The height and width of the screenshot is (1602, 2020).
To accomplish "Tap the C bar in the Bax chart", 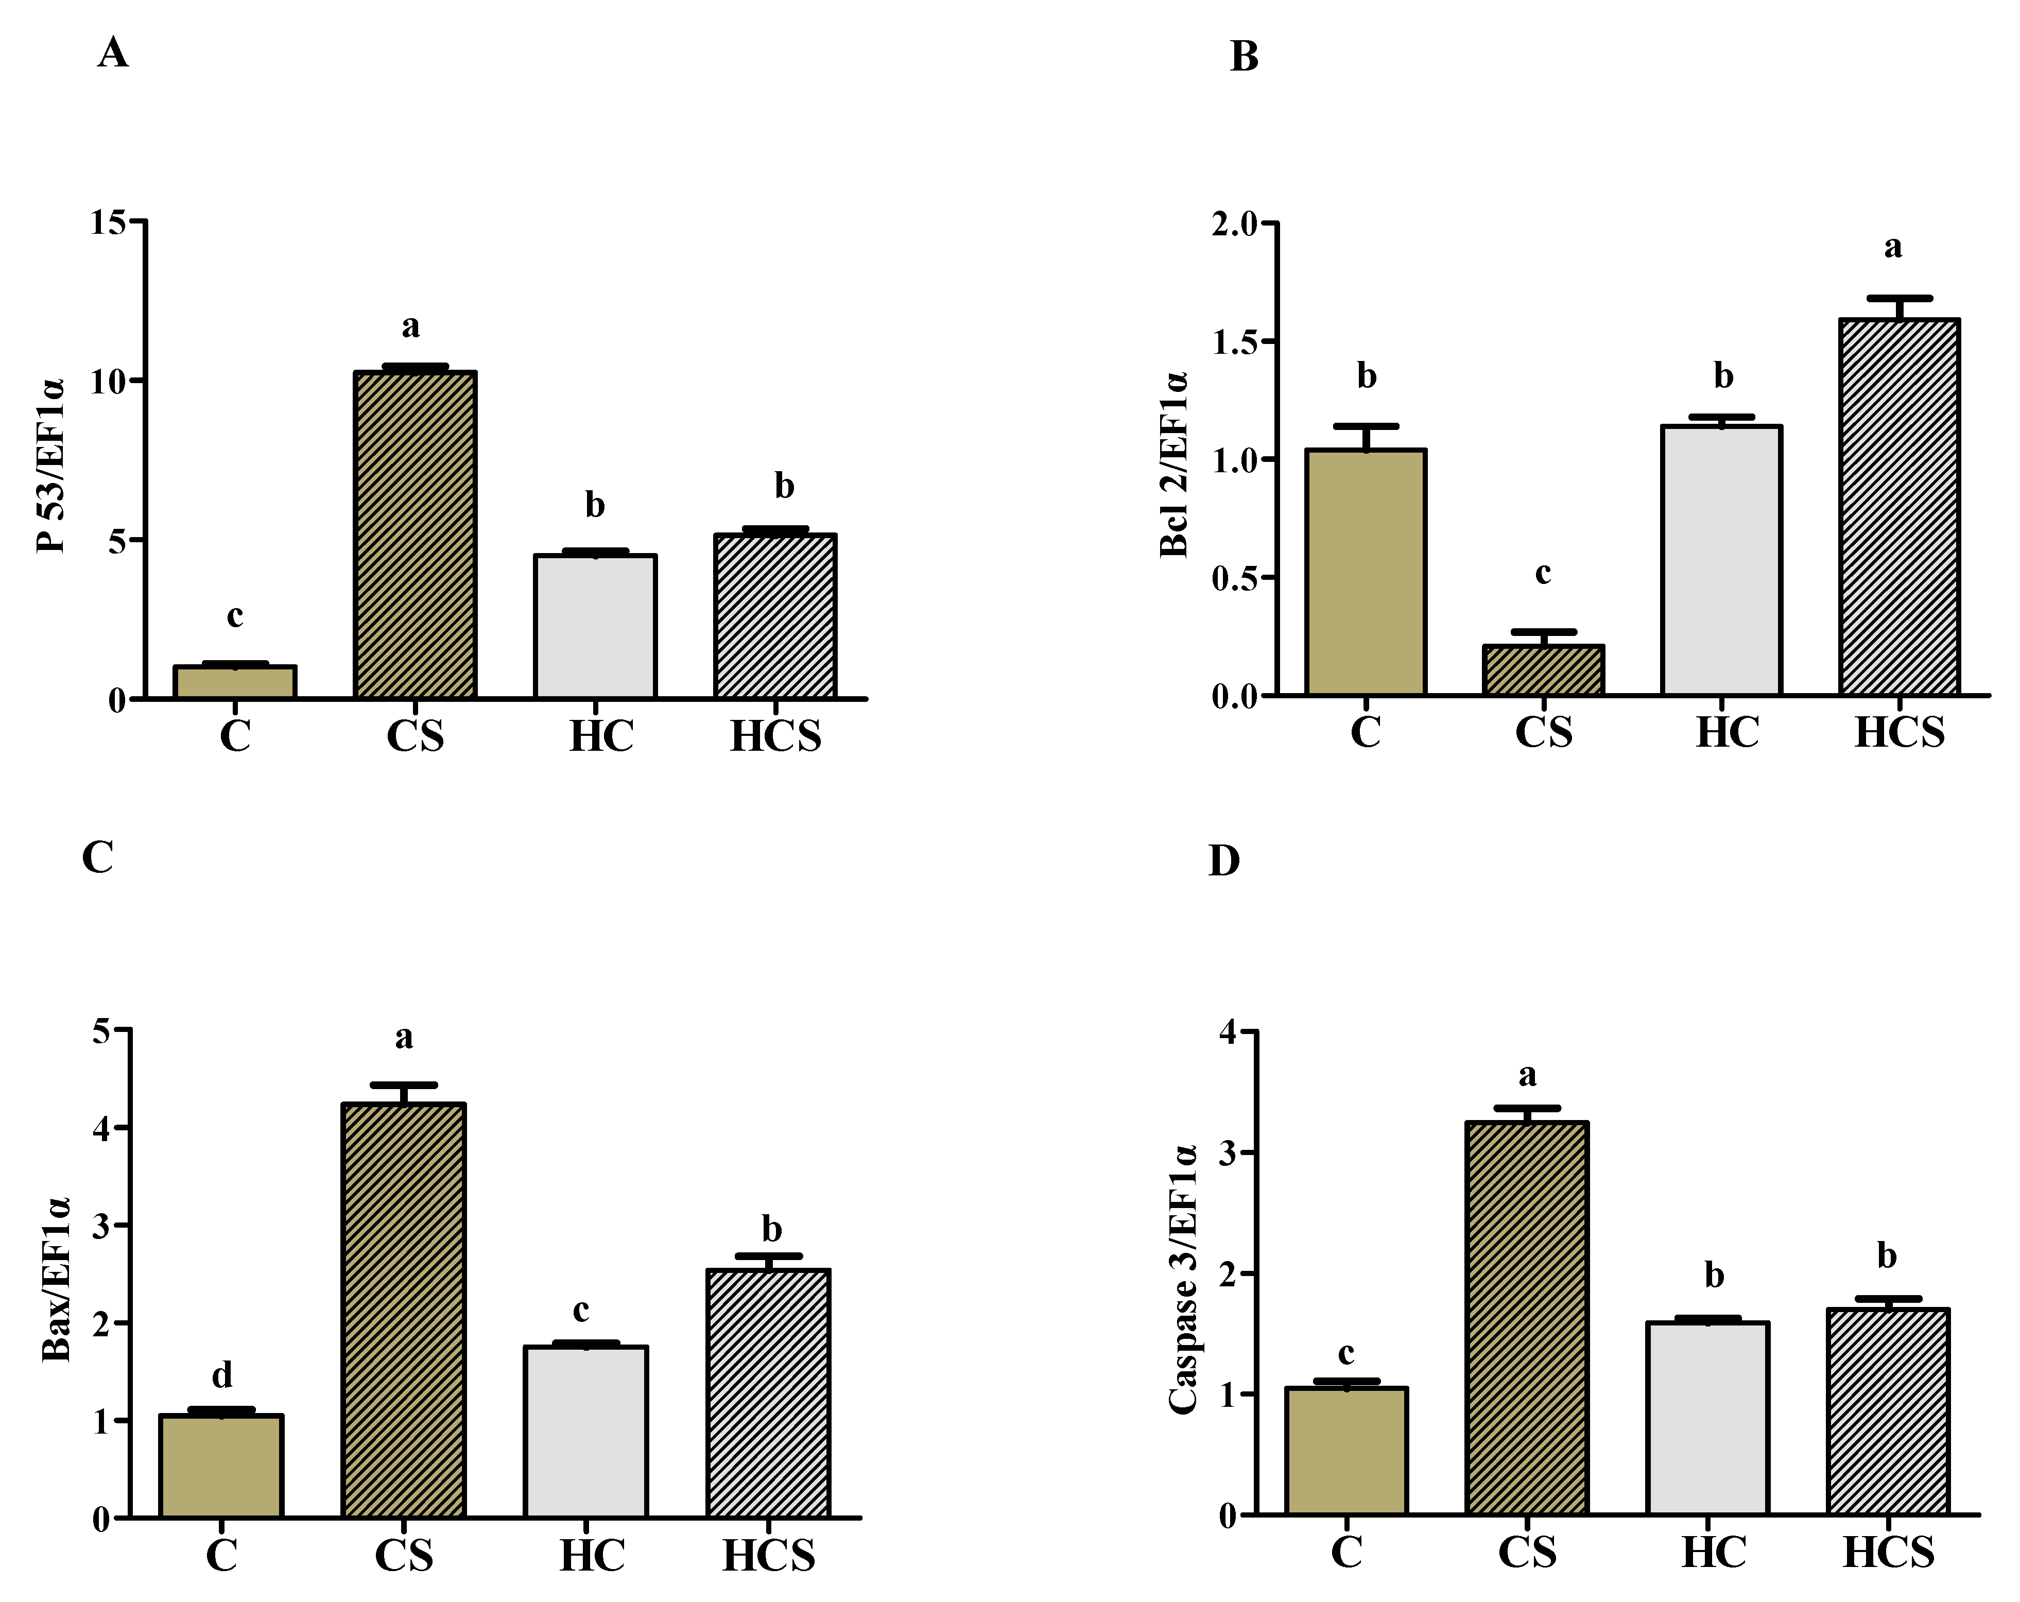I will pos(221,1466).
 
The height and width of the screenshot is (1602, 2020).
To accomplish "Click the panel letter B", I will pos(1244,57).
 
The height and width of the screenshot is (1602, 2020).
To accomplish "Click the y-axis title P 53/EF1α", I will pos(51,466).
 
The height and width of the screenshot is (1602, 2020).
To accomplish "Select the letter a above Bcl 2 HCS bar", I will pos(1893,247).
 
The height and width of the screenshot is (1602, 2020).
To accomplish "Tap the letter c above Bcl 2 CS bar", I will pos(1542,573).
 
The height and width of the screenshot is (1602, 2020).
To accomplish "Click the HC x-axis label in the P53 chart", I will pos(600,736).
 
